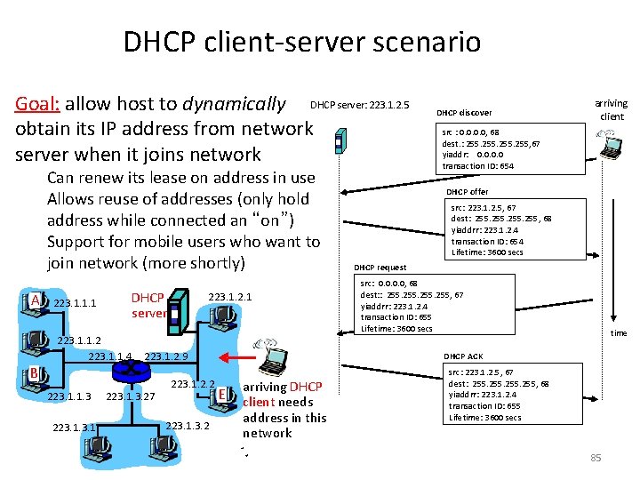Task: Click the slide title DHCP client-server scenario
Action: pos(301,42)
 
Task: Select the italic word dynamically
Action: pos(234,105)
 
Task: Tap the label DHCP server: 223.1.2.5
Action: pos(359,106)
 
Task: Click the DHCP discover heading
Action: pos(464,113)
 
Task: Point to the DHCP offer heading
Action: pos(467,192)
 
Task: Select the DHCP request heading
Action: pos(380,268)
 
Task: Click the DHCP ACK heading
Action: pos(463,356)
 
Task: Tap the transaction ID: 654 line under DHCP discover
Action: pos(477,166)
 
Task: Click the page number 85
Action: pos(596,458)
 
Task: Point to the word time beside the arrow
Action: pos(618,333)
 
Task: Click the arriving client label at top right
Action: pos(612,110)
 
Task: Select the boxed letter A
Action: pos(36,300)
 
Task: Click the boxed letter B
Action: pos(33,372)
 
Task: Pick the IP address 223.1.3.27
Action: pos(131,396)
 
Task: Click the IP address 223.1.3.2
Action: pos(188,425)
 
